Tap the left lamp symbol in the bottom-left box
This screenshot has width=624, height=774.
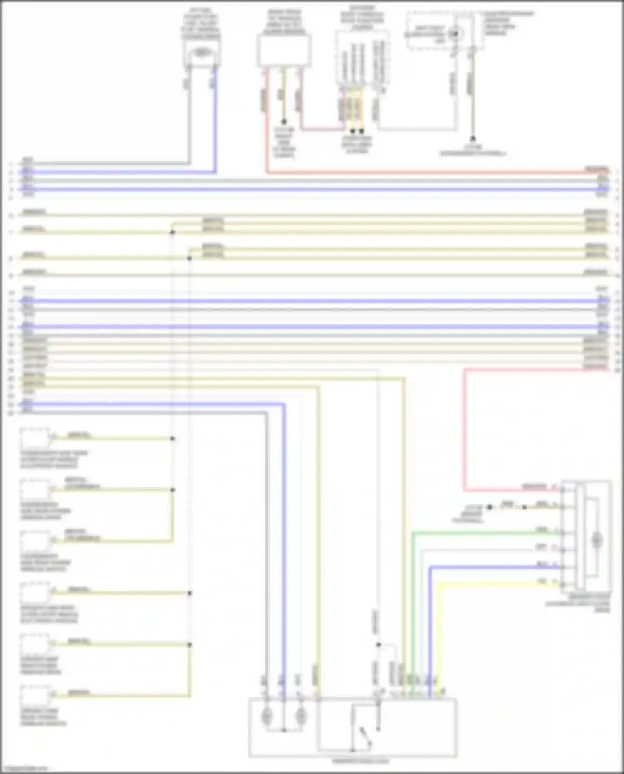click(x=266, y=716)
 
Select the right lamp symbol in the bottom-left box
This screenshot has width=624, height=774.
click(x=300, y=716)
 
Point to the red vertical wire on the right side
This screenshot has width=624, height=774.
click(x=465, y=428)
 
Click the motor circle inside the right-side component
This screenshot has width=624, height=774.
click(x=597, y=540)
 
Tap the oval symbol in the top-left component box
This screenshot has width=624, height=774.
click(x=202, y=52)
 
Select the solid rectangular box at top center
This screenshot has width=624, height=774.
click(x=284, y=51)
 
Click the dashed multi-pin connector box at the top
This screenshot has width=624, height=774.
click(x=362, y=58)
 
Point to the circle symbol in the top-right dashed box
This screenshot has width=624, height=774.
click(x=456, y=34)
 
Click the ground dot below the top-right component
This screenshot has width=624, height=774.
click(x=473, y=139)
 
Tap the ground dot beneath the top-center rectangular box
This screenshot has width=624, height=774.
click(x=284, y=122)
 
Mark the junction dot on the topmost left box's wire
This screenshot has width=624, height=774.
click(x=172, y=439)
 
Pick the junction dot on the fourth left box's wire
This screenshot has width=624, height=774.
click(x=190, y=593)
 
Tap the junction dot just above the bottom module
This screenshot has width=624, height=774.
click(x=378, y=645)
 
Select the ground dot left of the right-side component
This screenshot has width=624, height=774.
click(x=490, y=507)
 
